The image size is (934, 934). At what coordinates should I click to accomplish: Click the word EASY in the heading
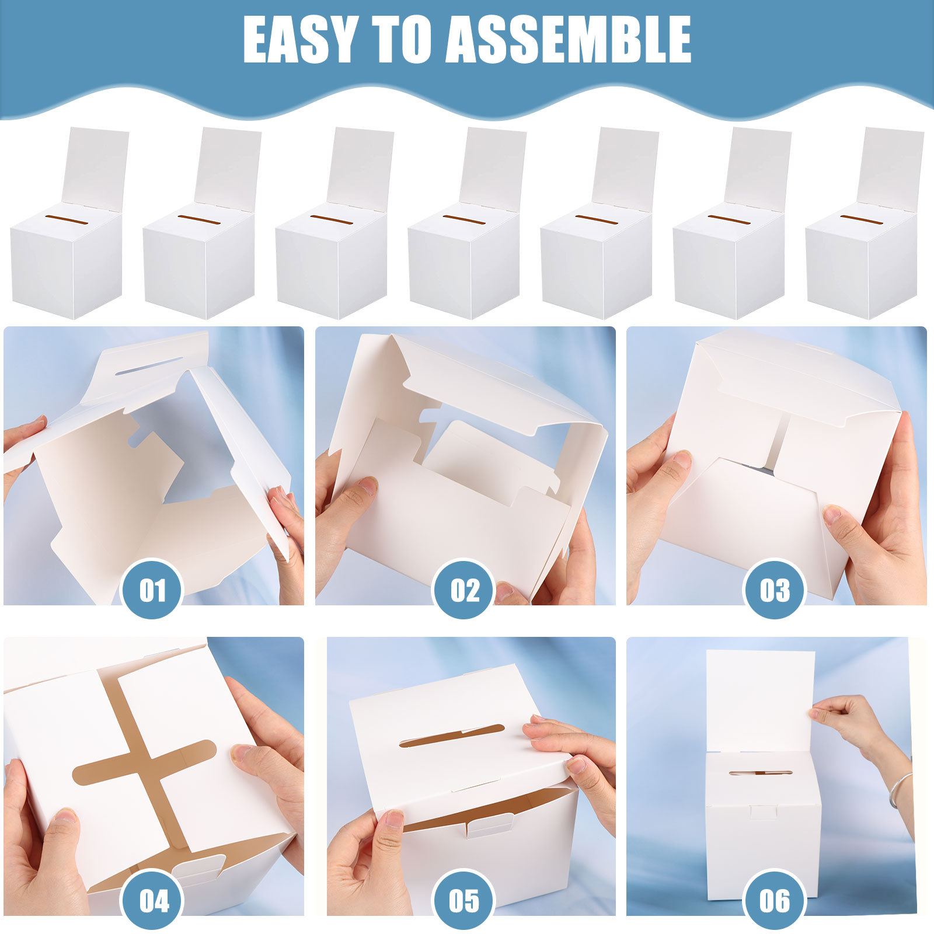(x=299, y=39)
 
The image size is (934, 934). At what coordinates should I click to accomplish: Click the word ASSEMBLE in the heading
(x=570, y=39)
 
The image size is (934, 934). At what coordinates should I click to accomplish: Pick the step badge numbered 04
(x=152, y=901)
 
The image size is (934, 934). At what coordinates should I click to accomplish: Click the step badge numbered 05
(x=463, y=901)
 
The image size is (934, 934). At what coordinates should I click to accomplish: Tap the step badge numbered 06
(x=774, y=901)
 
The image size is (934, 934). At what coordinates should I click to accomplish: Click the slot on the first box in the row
(x=68, y=220)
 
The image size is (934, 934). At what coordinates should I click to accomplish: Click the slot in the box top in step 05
(x=452, y=736)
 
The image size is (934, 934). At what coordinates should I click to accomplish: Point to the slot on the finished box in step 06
(x=761, y=773)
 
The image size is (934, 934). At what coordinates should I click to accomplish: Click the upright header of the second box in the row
(x=228, y=166)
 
